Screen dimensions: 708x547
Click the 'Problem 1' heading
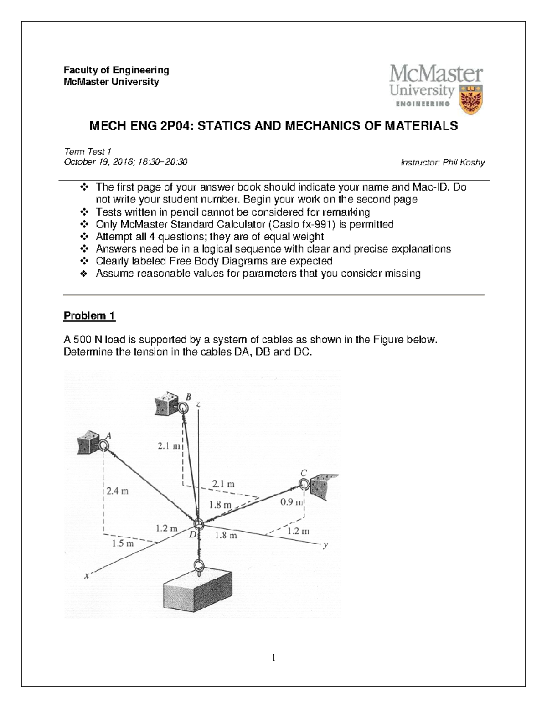click(89, 316)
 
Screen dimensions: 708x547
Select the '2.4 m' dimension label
click(118, 491)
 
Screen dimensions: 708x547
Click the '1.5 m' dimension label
click(123, 543)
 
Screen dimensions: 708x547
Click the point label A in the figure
click(108, 435)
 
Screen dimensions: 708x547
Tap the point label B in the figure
click(189, 396)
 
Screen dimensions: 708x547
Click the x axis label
click(87, 575)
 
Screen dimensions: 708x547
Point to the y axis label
click(325, 545)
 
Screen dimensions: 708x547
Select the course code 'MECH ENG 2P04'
click(137, 126)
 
